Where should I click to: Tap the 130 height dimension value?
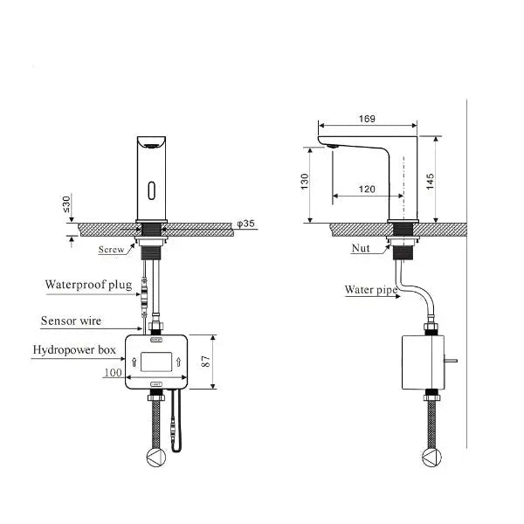(x=306, y=181)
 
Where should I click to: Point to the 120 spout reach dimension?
(x=366, y=189)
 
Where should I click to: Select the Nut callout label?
(x=361, y=249)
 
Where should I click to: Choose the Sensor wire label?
(x=71, y=321)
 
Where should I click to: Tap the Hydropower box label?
(x=73, y=350)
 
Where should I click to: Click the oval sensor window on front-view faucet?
(x=154, y=189)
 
